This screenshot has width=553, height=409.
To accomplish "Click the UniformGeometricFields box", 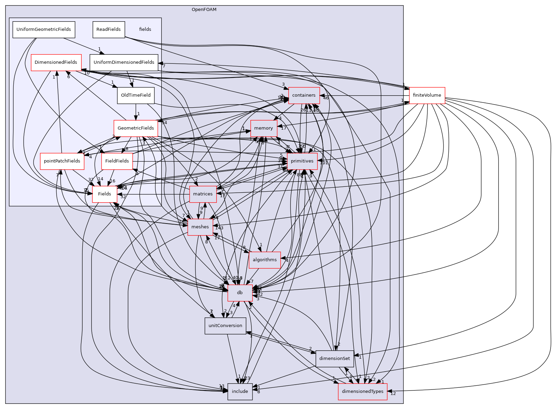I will point(44,29).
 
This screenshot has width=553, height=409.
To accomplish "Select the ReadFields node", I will point(108,29).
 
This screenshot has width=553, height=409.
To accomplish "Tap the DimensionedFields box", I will point(56,62).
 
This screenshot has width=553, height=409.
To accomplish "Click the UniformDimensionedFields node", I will point(124,62).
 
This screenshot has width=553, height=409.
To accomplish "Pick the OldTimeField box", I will point(136,95).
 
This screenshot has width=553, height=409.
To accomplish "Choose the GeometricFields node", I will point(136,128).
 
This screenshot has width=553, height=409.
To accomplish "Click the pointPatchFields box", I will point(62,161).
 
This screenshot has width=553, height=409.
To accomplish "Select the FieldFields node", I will point(117,161).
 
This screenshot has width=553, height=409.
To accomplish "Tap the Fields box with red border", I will point(104,194).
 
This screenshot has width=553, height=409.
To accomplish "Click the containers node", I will point(304,95).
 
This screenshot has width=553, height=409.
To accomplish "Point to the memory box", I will point(263,128).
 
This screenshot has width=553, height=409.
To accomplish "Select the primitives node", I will point(302,161).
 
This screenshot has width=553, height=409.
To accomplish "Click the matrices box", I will point(203,194).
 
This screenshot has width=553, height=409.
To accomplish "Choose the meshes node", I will point(200,227).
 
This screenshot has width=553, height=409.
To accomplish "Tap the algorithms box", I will point(264,260).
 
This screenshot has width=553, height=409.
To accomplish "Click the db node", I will point(240,293).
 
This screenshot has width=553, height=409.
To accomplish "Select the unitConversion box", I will point(225,326).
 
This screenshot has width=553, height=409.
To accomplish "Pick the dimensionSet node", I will point(334,359).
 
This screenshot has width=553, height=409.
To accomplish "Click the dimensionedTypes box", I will point(363,392).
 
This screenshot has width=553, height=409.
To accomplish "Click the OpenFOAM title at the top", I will point(204,10).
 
